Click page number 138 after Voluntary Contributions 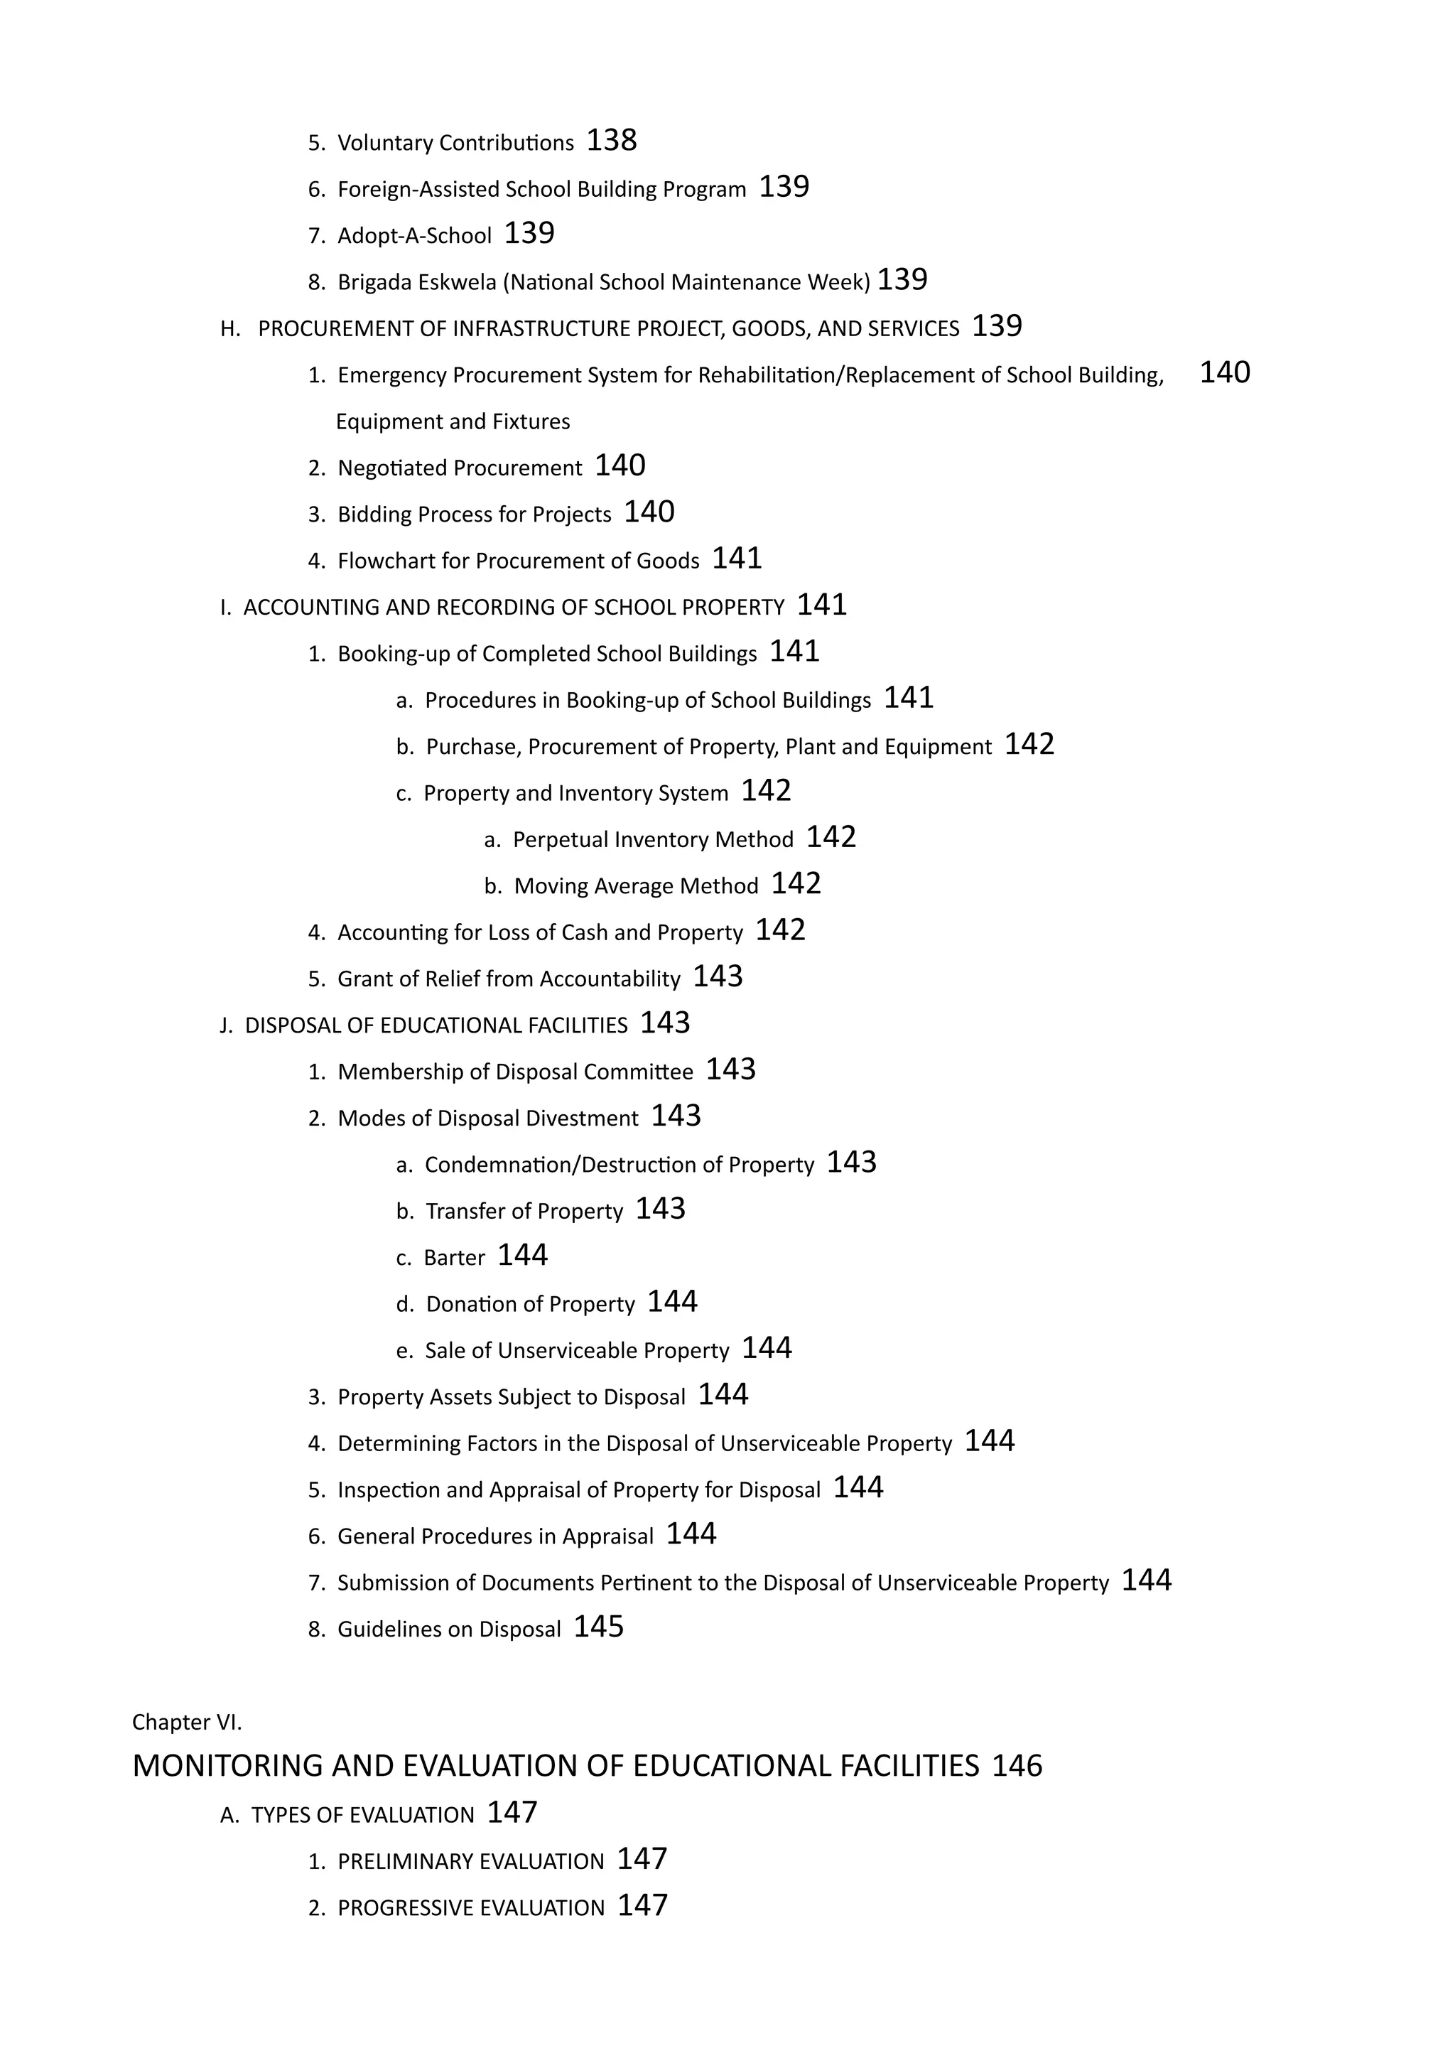click(611, 141)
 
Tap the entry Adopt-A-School click(414, 237)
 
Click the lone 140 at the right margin click(1224, 373)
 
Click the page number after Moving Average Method click(796, 885)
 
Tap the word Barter click(453, 1259)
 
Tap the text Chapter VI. click(186, 1723)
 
